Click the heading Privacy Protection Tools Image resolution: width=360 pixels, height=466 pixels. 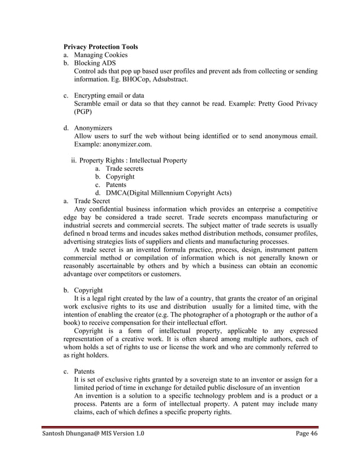(x=100, y=46)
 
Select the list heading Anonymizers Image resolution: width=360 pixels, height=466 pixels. (x=93, y=128)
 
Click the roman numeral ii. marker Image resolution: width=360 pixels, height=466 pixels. (x=74, y=161)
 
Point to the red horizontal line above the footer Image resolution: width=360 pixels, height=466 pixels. (x=180, y=428)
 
